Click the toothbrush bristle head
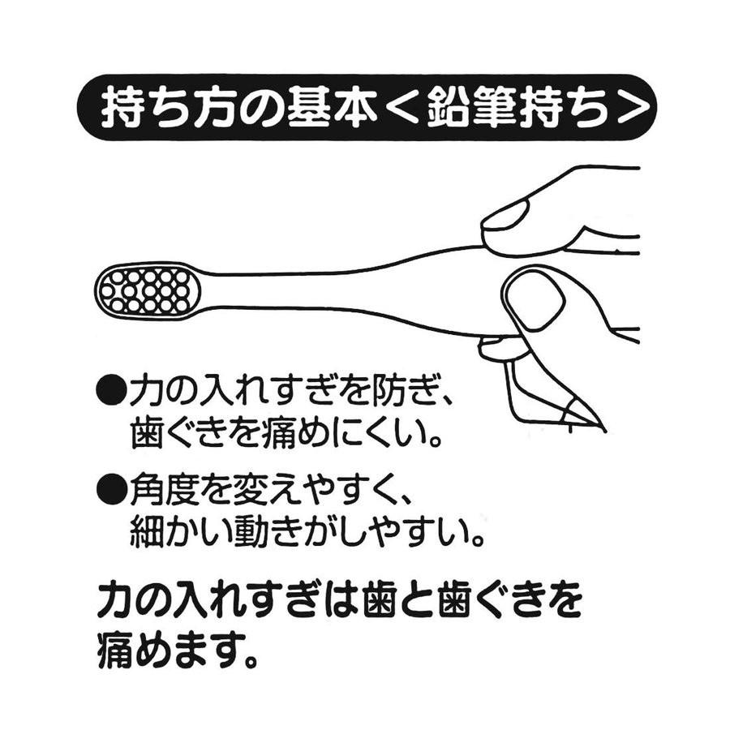click(x=148, y=290)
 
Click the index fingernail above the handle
click(x=505, y=217)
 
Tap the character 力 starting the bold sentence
click(x=113, y=601)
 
